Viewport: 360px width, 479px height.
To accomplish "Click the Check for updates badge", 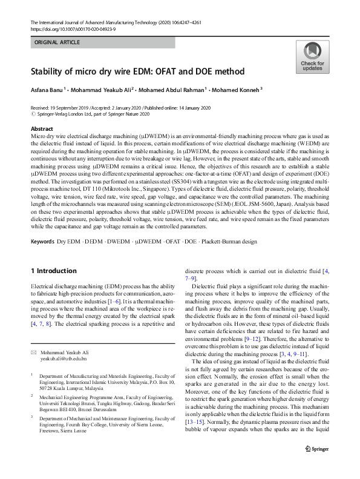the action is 312,58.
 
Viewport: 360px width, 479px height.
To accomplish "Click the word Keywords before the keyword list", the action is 44,242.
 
